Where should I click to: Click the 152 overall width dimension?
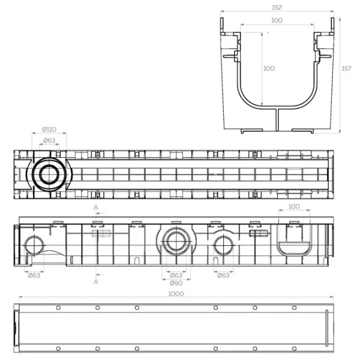[277, 8]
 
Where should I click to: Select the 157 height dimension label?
[346, 68]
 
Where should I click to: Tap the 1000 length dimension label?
[176, 294]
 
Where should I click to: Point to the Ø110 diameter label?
[49, 130]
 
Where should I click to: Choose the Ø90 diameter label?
[176, 283]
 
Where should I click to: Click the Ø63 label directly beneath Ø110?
[49, 140]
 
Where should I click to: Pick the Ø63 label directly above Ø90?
[176, 275]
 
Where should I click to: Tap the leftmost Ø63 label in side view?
[34, 275]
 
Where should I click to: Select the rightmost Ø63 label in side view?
[223, 275]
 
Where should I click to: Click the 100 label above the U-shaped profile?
[294, 206]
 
